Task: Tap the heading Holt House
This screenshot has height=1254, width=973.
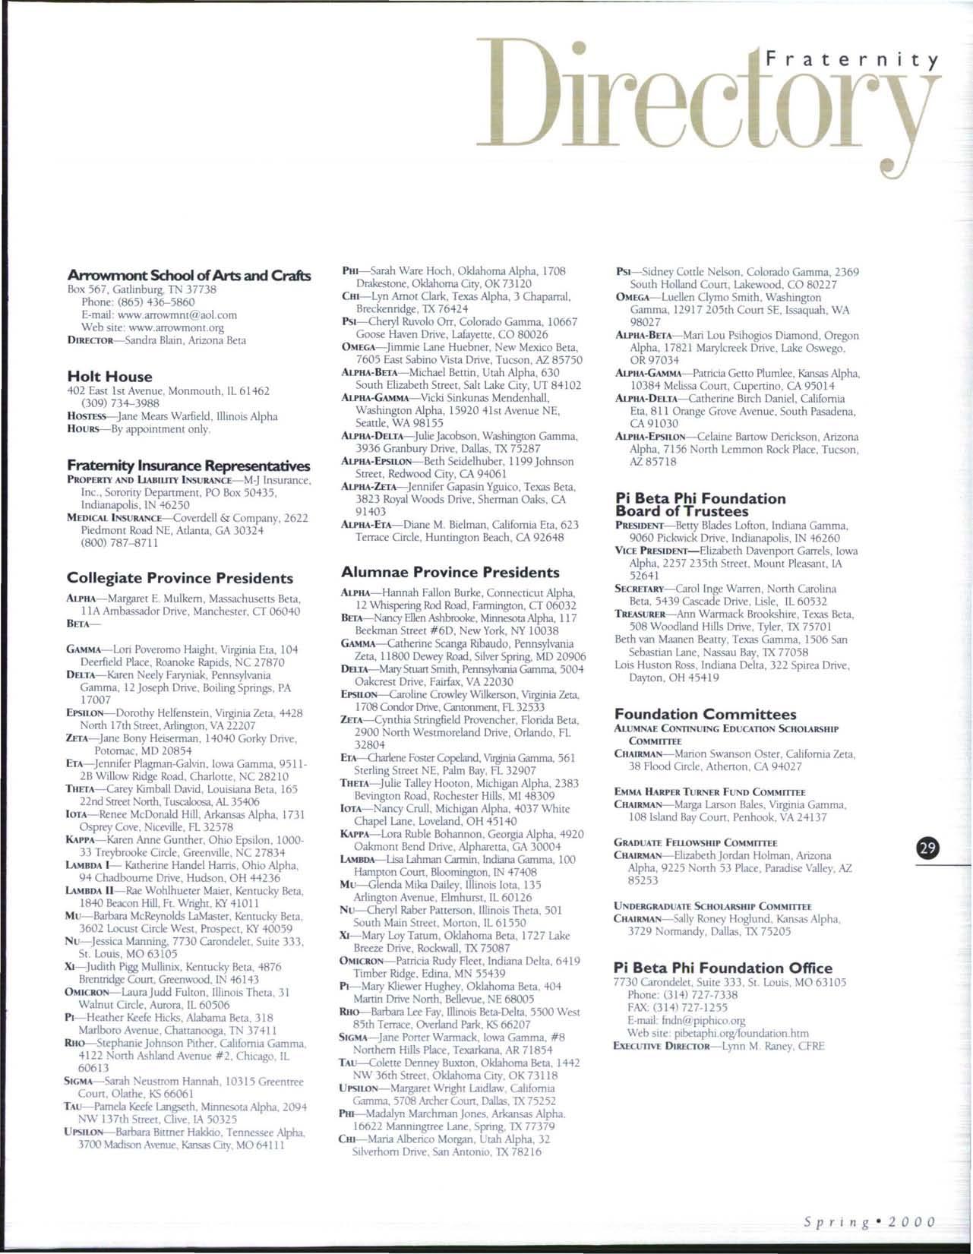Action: tap(109, 376)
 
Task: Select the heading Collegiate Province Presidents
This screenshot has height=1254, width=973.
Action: tap(180, 578)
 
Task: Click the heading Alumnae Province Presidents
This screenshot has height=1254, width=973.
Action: tap(450, 572)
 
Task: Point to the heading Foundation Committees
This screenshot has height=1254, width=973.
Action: tap(705, 714)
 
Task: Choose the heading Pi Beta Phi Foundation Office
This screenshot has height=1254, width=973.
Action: tap(722, 968)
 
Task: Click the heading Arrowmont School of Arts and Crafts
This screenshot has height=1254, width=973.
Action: tap(189, 276)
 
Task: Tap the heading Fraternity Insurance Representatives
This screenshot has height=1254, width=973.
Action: tap(188, 465)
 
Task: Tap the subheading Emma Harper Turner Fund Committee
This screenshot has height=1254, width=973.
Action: tap(709, 791)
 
